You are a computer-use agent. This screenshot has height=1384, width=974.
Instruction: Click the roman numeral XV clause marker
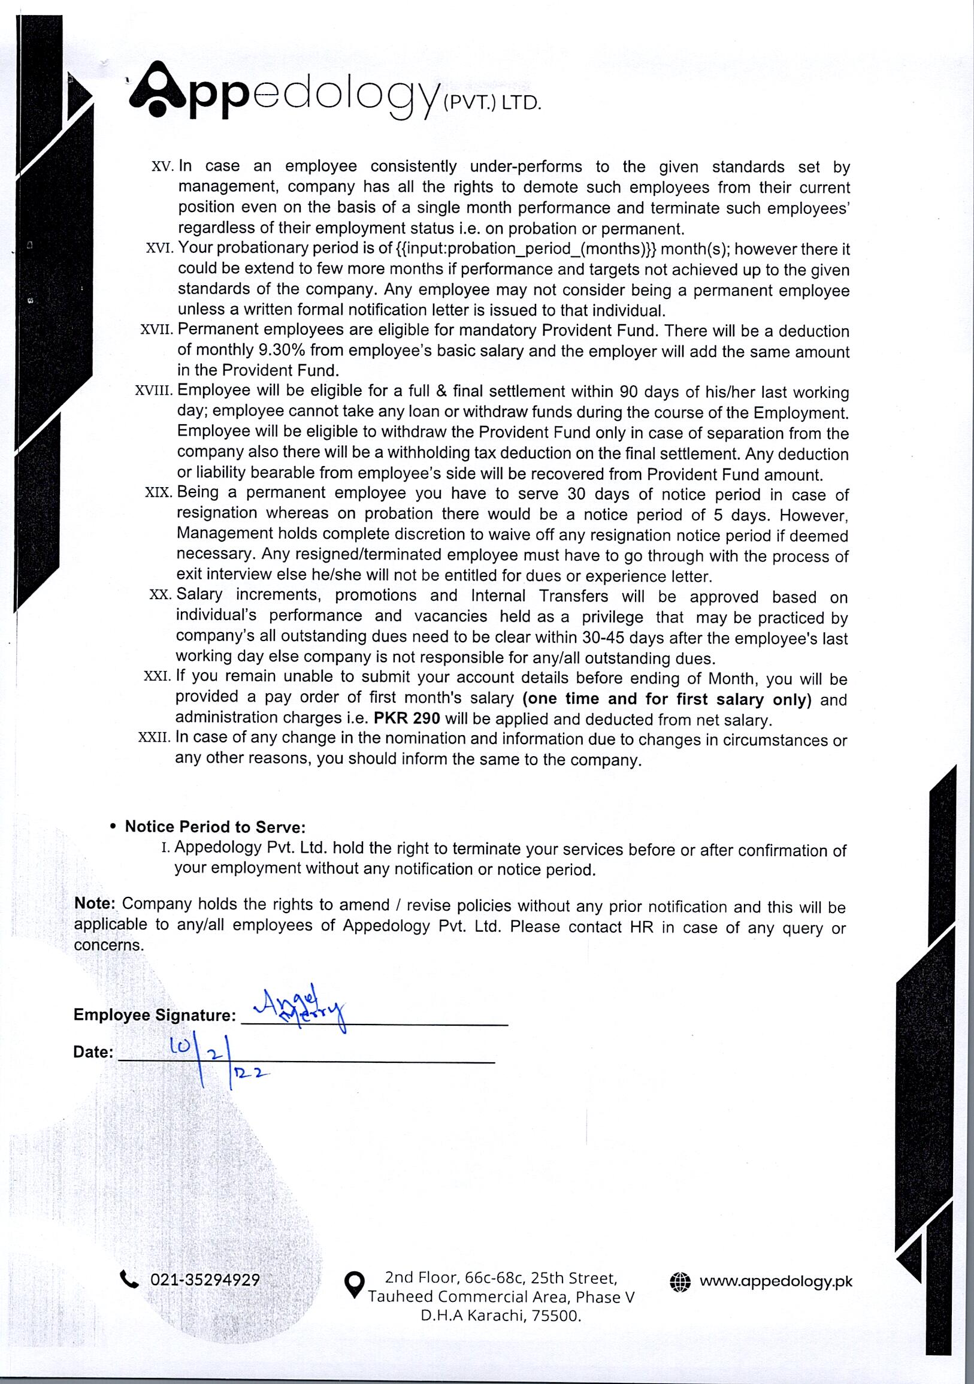pyautogui.click(x=162, y=167)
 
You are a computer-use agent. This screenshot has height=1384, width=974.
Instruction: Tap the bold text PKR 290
pyautogui.click(x=407, y=718)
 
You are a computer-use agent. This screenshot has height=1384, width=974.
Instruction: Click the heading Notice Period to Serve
pyautogui.click(x=215, y=826)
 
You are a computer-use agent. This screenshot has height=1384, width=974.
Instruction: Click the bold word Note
pyautogui.click(x=95, y=903)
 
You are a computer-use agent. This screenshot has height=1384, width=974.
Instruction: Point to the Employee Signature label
pyautogui.click(x=155, y=1015)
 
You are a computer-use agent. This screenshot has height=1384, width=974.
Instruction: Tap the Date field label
pyautogui.click(x=93, y=1053)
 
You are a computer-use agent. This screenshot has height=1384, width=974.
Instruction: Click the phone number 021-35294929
pyautogui.click(x=205, y=1280)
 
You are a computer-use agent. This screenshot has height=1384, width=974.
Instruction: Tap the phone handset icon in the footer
pyautogui.click(x=129, y=1279)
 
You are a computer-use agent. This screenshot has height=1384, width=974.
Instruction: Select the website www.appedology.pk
pyautogui.click(x=776, y=1281)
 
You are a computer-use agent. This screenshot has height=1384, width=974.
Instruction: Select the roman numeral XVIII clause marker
pyautogui.click(x=155, y=391)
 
